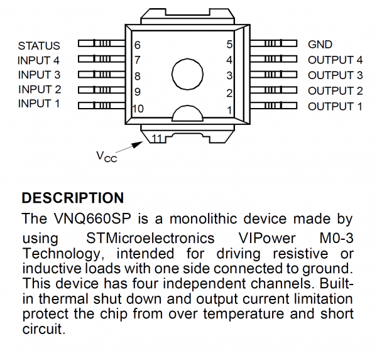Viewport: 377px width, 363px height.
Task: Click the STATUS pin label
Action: [39, 45]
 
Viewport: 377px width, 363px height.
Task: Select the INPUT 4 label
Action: [39, 60]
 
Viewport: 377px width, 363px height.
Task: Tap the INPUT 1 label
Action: [39, 104]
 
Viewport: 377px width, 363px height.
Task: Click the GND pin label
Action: [320, 45]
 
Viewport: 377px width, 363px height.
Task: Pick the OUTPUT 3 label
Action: [335, 75]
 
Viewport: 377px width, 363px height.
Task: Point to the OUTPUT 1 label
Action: [335, 106]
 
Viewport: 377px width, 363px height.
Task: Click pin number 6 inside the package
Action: [137, 45]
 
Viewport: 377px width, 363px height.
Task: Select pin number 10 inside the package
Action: [138, 109]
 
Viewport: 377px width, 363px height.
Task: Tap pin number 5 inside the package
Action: [229, 45]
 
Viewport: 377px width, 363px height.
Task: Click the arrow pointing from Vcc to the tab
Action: [131, 146]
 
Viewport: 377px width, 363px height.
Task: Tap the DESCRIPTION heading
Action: [73, 198]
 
